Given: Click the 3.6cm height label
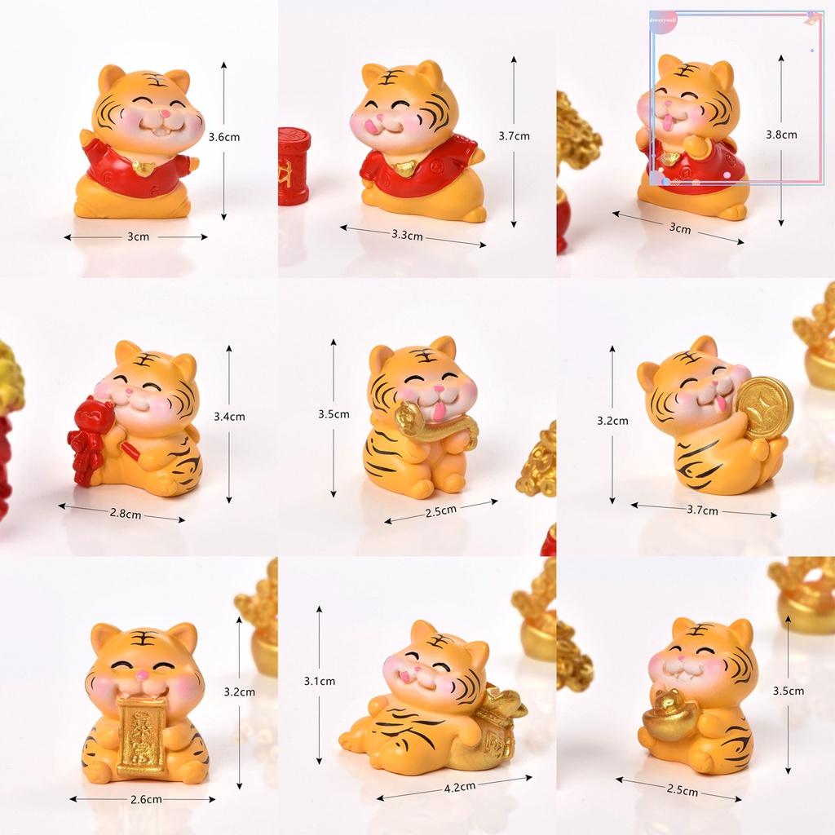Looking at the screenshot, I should click(224, 138).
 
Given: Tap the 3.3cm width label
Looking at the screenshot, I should click(407, 235).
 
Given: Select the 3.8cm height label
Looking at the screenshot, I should click(781, 135).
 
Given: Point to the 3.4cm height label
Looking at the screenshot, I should click(229, 417).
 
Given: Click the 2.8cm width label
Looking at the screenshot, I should click(126, 514).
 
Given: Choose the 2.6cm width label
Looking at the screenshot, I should click(145, 800).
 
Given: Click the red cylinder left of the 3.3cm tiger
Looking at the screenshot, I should click(294, 166).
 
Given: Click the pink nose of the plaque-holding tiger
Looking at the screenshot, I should click(143, 675).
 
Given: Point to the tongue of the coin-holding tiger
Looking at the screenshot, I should click(721, 400).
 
